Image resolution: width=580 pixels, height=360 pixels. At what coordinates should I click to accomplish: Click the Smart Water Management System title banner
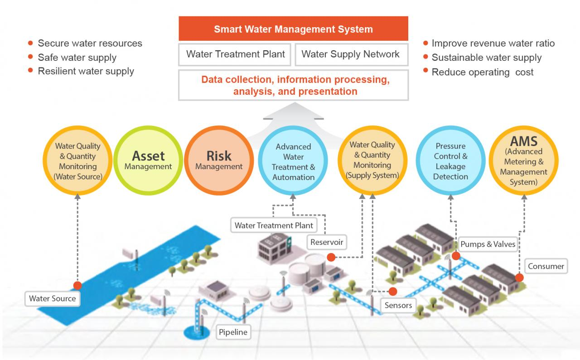[293, 29]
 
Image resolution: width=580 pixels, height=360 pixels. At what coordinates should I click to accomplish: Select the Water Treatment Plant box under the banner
[236, 54]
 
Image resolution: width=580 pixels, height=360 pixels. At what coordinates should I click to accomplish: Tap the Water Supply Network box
[351, 54]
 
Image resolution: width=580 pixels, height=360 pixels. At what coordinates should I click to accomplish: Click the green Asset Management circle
[148, 161]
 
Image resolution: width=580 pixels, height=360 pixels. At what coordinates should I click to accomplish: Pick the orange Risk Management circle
[219, 161]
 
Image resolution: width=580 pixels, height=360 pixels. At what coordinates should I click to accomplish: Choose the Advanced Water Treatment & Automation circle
[293, 161]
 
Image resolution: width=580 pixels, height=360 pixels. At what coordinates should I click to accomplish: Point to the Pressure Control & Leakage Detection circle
[450, 161]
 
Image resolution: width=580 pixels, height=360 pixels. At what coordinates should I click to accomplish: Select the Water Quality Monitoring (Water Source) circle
[77, 161]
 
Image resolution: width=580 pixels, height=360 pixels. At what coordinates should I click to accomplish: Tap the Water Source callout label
[52, 298]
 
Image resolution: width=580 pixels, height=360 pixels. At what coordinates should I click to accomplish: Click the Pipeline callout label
[233, 332]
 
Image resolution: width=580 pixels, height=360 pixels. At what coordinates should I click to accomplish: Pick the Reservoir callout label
[326, 242]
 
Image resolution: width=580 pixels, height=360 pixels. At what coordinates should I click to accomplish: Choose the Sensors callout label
[398, 305]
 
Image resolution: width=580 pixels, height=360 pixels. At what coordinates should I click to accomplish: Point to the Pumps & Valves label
[488, 244]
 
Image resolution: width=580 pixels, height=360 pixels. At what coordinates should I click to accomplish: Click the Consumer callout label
[546, 266]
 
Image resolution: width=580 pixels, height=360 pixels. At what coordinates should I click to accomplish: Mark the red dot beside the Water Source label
[77, 286]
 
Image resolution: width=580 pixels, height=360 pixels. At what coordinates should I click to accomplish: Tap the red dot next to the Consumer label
[519, 277]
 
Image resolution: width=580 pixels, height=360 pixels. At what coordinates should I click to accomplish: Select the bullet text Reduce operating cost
[482, 72]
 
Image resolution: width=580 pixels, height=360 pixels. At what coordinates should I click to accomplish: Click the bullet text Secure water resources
[90, 44]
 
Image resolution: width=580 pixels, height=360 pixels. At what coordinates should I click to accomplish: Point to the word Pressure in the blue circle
[450, 146]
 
